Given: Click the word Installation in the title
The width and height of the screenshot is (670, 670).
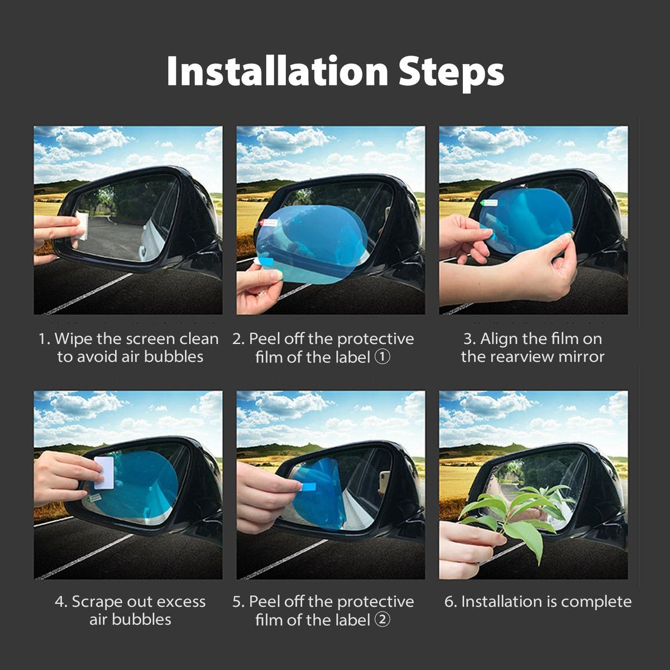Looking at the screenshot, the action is coord(277,71).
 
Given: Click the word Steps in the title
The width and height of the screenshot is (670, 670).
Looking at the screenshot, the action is coord(451,74).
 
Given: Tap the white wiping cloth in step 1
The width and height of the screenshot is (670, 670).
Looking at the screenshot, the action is coord(82,226).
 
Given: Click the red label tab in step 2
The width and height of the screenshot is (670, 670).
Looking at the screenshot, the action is coord(269,222).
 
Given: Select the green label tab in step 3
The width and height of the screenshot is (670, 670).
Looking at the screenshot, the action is coord(489,203).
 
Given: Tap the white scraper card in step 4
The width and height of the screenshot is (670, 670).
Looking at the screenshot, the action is coord(104,472).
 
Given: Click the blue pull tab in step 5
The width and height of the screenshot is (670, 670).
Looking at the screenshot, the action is coord(308,487).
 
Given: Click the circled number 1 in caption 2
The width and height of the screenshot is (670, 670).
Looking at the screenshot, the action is coord(382,357).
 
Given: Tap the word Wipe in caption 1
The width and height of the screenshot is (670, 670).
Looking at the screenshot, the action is coord(74,339).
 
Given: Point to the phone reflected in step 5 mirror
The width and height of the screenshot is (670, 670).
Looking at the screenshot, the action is coord(384,481).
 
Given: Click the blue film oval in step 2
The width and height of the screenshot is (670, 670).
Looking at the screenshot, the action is coord(310,243).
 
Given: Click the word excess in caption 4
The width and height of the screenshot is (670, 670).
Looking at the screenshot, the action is coord(183,602).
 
